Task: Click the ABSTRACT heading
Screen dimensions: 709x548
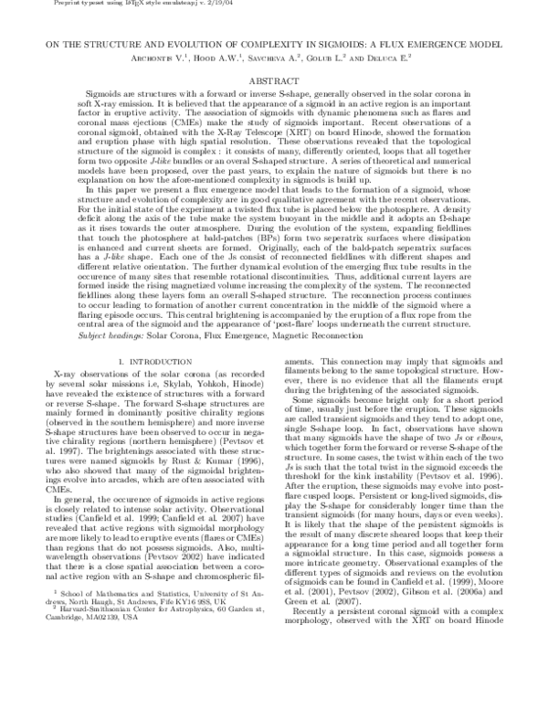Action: [x=273, y=81]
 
